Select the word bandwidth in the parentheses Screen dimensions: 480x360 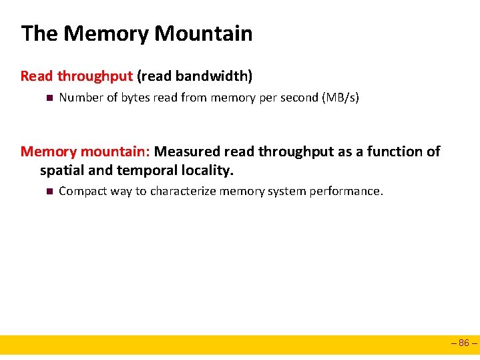click(213, 76)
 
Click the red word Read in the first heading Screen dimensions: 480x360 click(36, 76)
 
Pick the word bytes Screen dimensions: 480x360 click(135, 98)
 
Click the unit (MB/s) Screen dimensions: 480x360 click(340, 98)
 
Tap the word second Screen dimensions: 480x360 click(298, 98)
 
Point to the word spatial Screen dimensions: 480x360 click(62, 171)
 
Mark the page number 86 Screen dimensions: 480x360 click(464, 344)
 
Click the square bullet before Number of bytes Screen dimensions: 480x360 click(48, 98)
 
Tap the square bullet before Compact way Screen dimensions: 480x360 click(48, 192)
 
